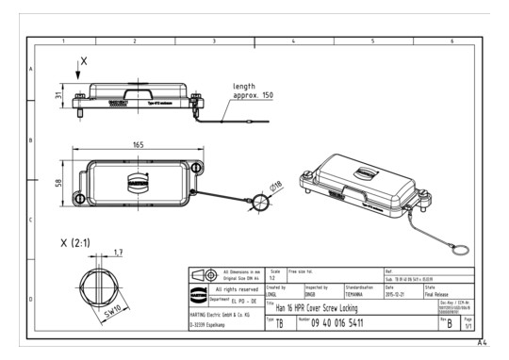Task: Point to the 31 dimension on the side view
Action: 58,95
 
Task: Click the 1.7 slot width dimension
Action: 116,253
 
